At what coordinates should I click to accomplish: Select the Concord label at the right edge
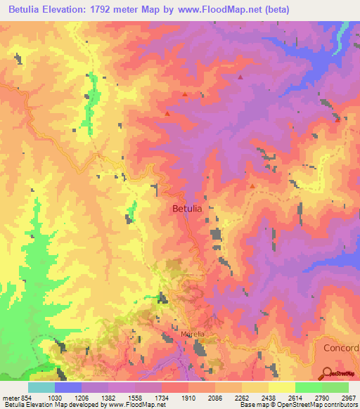coord(341,349)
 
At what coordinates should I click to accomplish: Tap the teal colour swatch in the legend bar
coord(41,387)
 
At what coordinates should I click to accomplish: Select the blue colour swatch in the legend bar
coord(68,387)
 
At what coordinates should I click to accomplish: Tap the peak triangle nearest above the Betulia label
coord(167,113)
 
